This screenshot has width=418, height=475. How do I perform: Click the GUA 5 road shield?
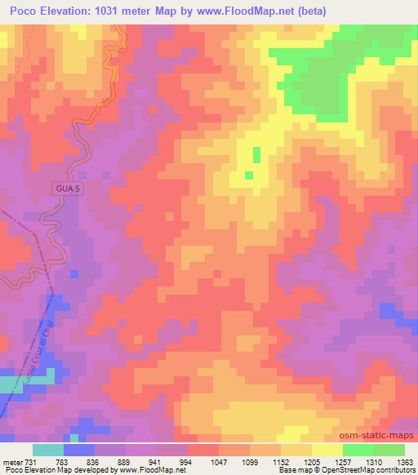[x=69, y=188]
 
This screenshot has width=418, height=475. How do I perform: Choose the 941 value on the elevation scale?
[x=167, y=461]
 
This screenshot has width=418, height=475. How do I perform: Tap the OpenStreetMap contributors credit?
[x=371, y=471]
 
